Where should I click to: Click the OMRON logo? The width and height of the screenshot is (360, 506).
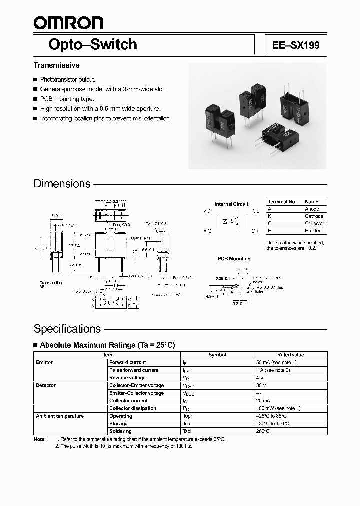(x=68, y=23)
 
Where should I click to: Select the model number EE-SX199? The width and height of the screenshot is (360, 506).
(x=296, y=45)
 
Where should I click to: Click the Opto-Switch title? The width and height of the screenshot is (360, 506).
(x=93, y=44)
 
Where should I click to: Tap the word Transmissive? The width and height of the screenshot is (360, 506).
(x=56, y=65)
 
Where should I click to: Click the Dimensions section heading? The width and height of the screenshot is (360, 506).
(x=62, y=184)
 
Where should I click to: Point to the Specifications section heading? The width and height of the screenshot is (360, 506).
(x=67, y=329)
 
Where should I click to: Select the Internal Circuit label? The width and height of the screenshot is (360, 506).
(x=231, y=204)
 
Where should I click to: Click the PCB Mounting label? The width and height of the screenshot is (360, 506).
(x=234, y=259)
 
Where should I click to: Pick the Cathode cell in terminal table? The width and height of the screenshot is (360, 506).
(x=314, y=216)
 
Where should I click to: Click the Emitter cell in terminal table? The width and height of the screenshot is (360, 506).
(x=313, y=231)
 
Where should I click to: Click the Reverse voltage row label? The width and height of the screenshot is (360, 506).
(x=127, y=378)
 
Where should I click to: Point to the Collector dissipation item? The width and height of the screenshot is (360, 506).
(x=133, y=408)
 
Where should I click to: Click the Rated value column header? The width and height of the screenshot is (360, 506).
(x=290, y=355)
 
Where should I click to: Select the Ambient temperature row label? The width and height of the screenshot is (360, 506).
(x=60, y=416)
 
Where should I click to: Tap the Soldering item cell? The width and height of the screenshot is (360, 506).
(x=120, y=431)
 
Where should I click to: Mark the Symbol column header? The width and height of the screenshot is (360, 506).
(x=217, y=355)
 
